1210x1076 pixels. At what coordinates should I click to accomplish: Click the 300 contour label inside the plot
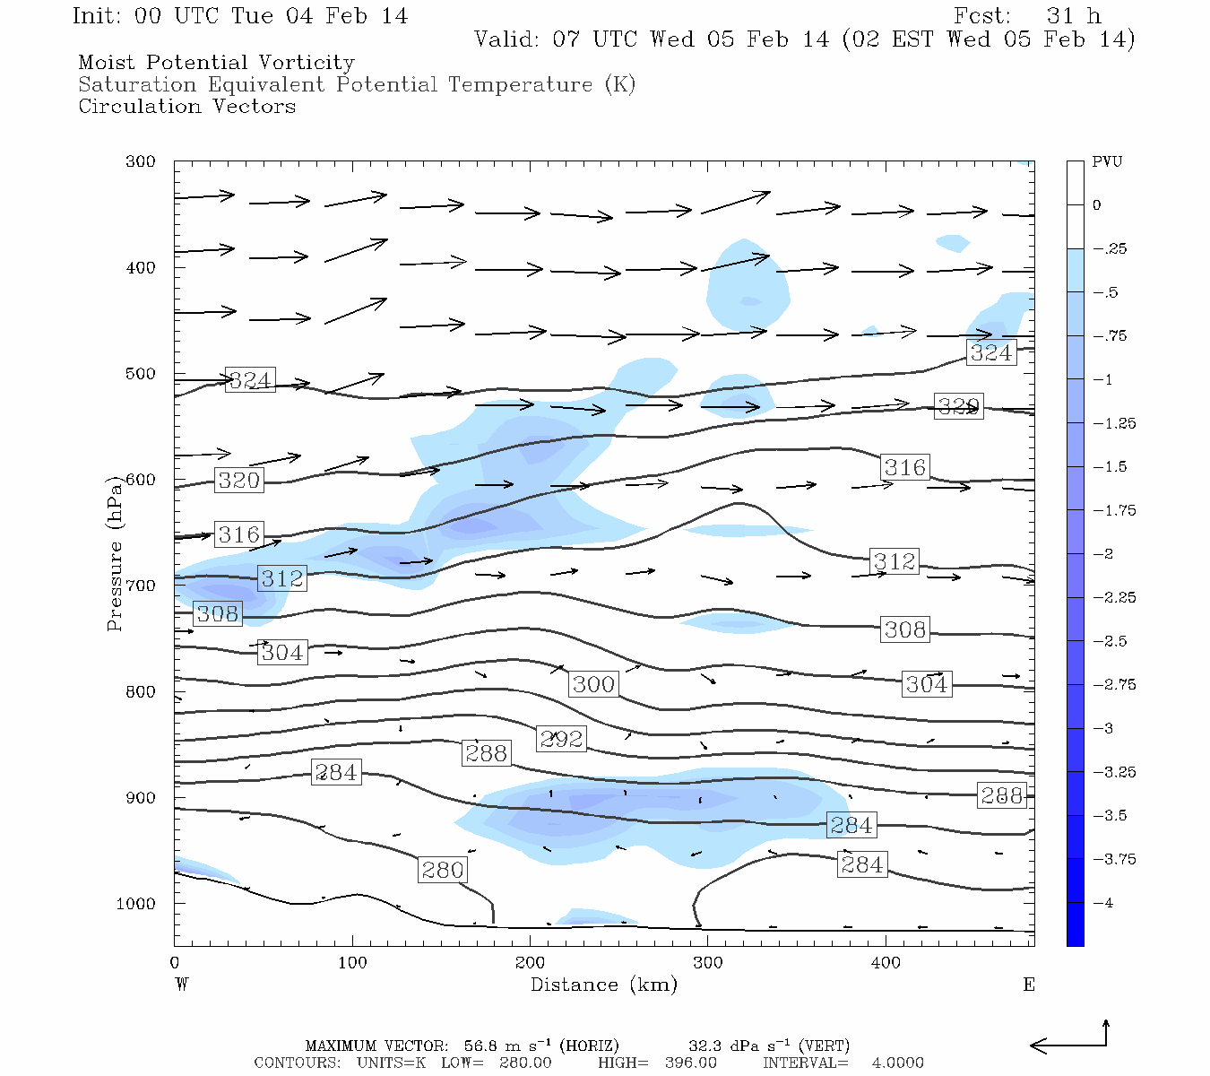tap(593, 684)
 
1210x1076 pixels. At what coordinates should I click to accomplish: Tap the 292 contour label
tap(561, 739)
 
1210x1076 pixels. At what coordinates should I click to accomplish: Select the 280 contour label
tap(443, 870)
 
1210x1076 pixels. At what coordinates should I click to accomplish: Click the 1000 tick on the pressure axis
tap(136, 904)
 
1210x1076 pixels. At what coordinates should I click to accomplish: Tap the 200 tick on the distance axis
tap(530, 963)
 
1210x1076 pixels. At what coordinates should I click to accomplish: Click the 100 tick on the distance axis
tap(352, 963)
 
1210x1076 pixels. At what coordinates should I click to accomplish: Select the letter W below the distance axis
tap(182, 985)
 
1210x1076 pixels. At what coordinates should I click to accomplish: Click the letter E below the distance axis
tap(1029, 985)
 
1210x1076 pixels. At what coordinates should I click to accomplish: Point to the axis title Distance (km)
tap(603, 985)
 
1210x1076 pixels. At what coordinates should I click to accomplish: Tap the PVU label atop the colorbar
tap(1107, 162)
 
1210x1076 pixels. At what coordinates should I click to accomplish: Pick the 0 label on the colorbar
tap(1097, 205)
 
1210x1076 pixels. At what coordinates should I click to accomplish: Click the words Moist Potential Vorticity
tap(216, 63)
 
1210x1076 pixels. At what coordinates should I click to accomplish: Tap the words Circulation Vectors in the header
tap(186, 107)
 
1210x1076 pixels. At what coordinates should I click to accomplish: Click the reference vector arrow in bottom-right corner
tap(1071, 1040)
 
